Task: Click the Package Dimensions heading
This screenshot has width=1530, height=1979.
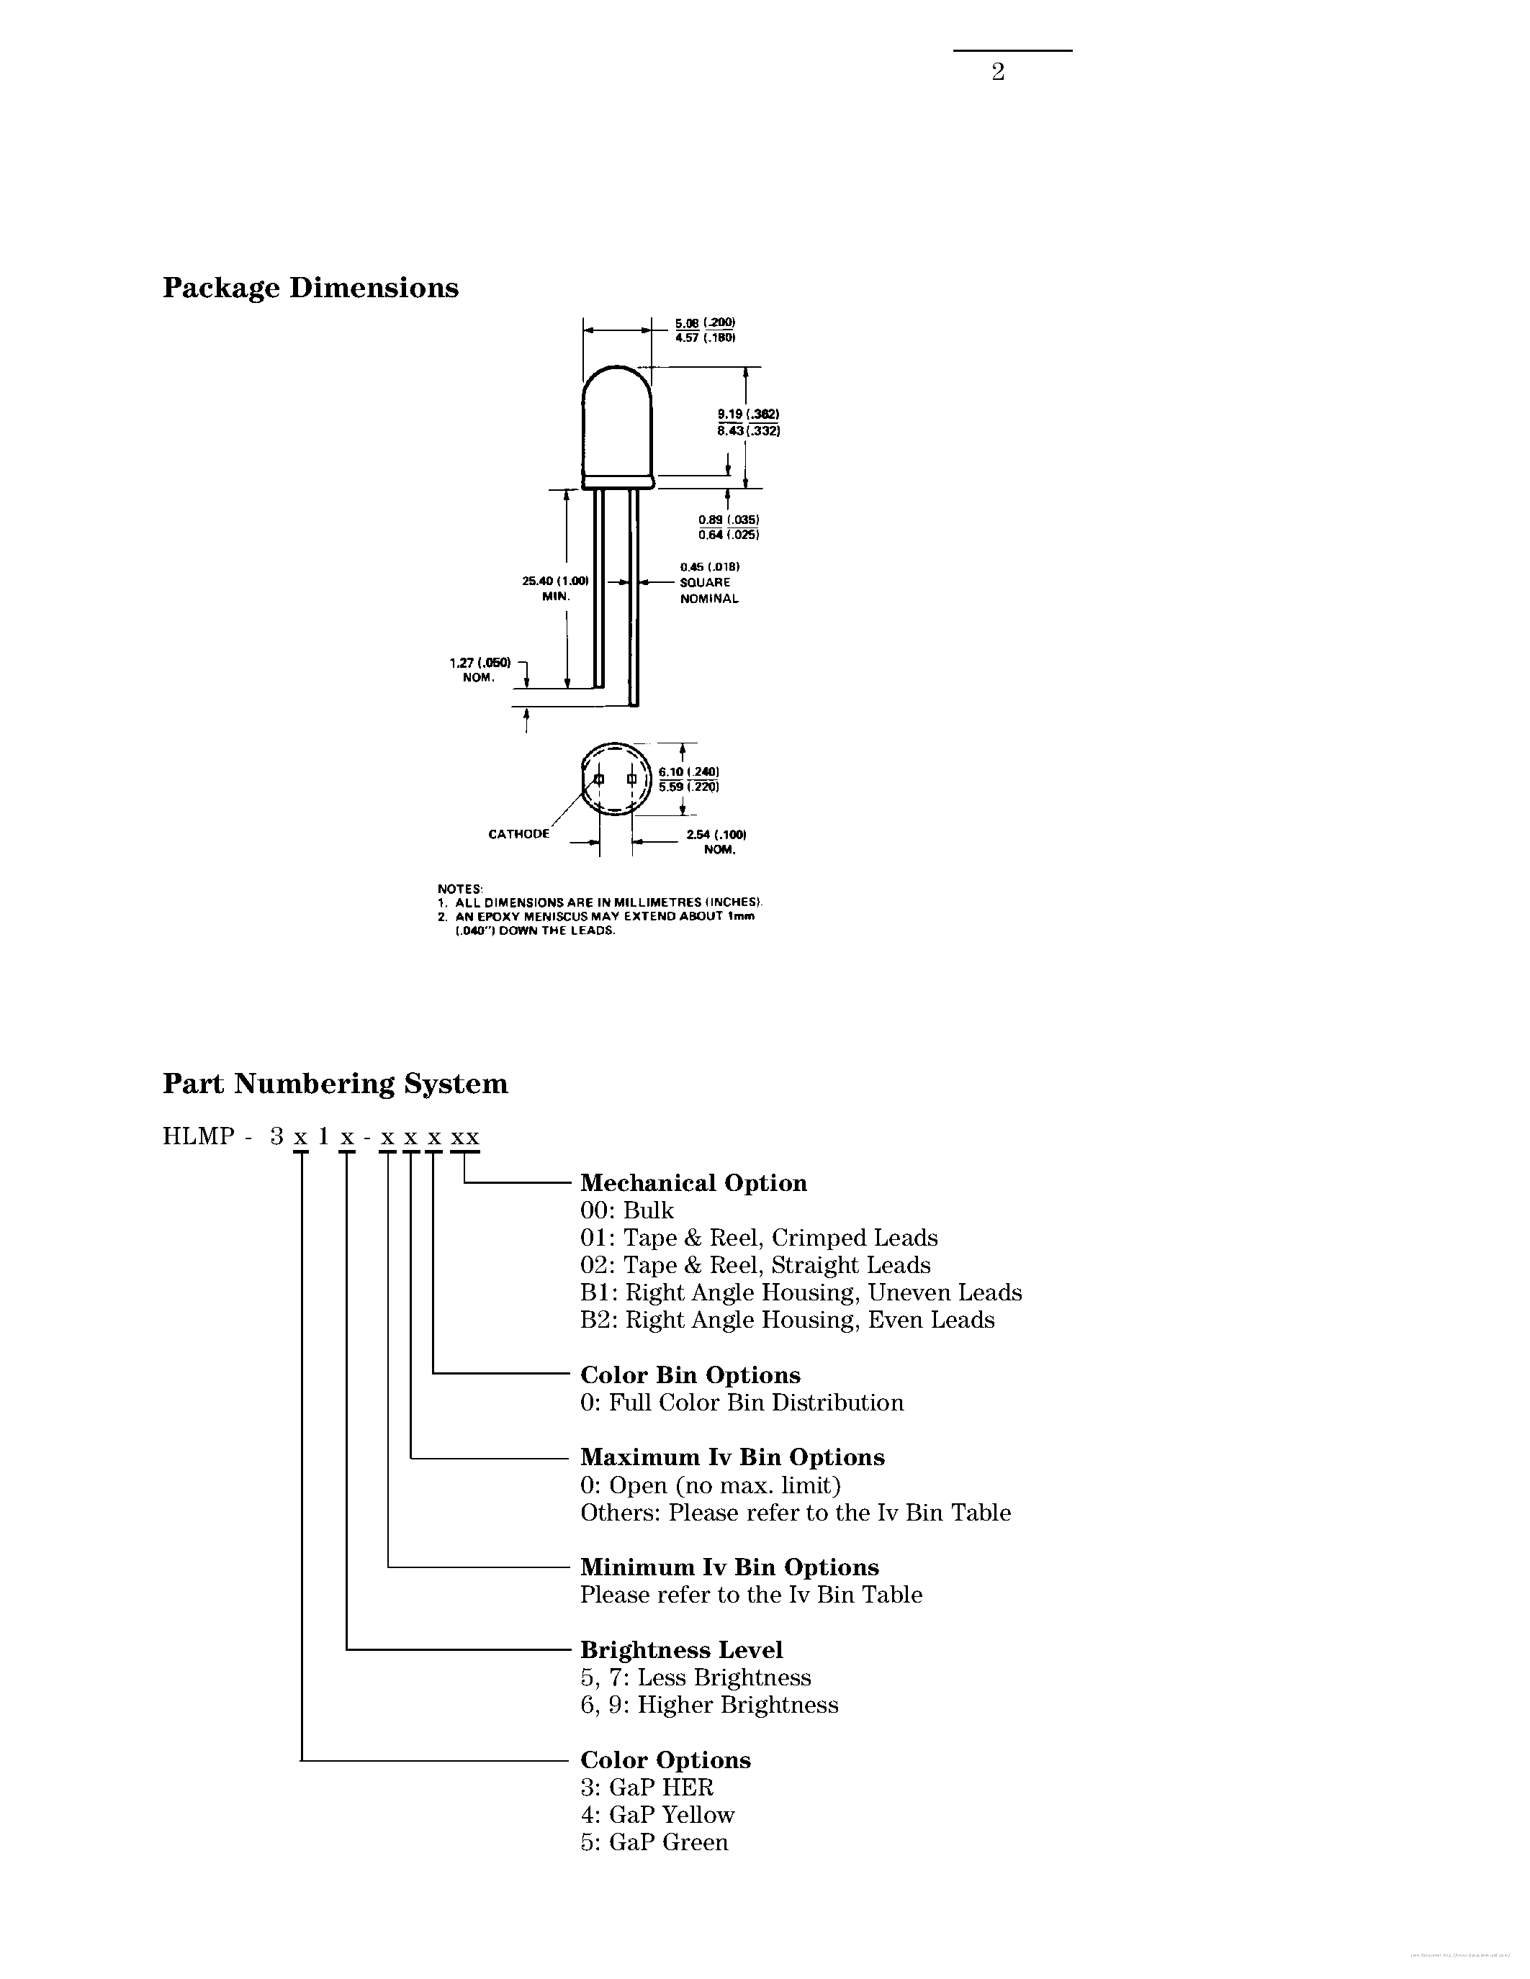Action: [x=310, y=288]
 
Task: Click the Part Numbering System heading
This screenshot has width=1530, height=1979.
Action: [x=335, y=1084]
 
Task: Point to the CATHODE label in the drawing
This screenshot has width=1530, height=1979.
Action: [x=518, y=833]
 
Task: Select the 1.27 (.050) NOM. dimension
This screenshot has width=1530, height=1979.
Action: [x=480, y=670]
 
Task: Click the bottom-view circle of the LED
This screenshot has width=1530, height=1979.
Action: [x=616, y=779]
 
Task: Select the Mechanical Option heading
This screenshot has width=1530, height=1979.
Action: [x=693, y=1182]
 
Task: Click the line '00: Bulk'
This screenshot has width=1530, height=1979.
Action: [x=627, y=1210]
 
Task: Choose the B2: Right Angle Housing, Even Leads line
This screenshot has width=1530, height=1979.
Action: [x=787, y=1319]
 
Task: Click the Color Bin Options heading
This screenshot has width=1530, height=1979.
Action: [x=690, y=1375]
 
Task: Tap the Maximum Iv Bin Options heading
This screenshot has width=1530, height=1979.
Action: [x=732, y=1457]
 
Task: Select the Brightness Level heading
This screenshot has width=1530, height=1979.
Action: [x=680, y=1650]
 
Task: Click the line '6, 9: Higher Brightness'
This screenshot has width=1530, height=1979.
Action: [x=708, y=1704]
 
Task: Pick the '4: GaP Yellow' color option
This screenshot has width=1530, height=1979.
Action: [x=657, y=1815]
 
